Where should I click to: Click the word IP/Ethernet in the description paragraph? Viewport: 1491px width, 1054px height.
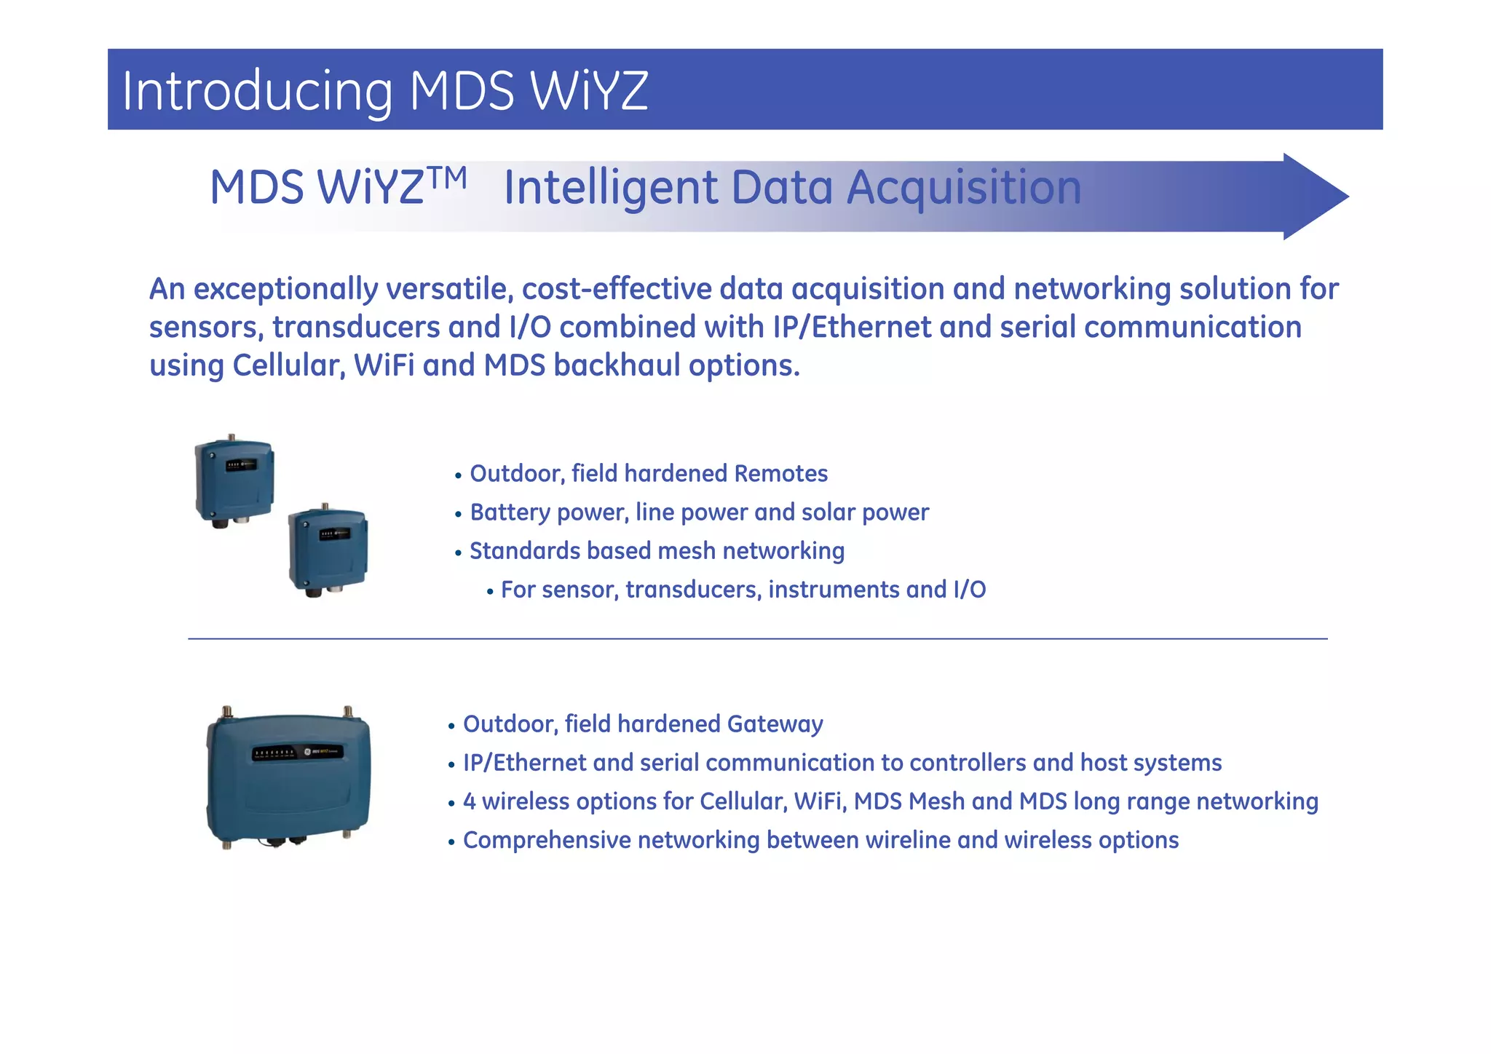pyautogui.click(x=852, y=327)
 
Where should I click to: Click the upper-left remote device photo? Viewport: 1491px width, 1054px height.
pyautogui.click(x=234, y=479)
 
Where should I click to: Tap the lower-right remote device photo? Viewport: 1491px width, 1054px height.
pyautogui.click(x=328, y=550)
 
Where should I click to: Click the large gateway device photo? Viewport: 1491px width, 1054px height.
pyautogui.click(x=288, y=776)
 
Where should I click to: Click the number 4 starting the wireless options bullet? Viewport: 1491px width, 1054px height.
pyautogui.click(x=470, y=801)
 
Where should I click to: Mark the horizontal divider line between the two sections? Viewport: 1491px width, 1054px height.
pyautogui.click(x=757, y=638)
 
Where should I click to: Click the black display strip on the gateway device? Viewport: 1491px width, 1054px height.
pyautogui.click(x=298, y=753)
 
